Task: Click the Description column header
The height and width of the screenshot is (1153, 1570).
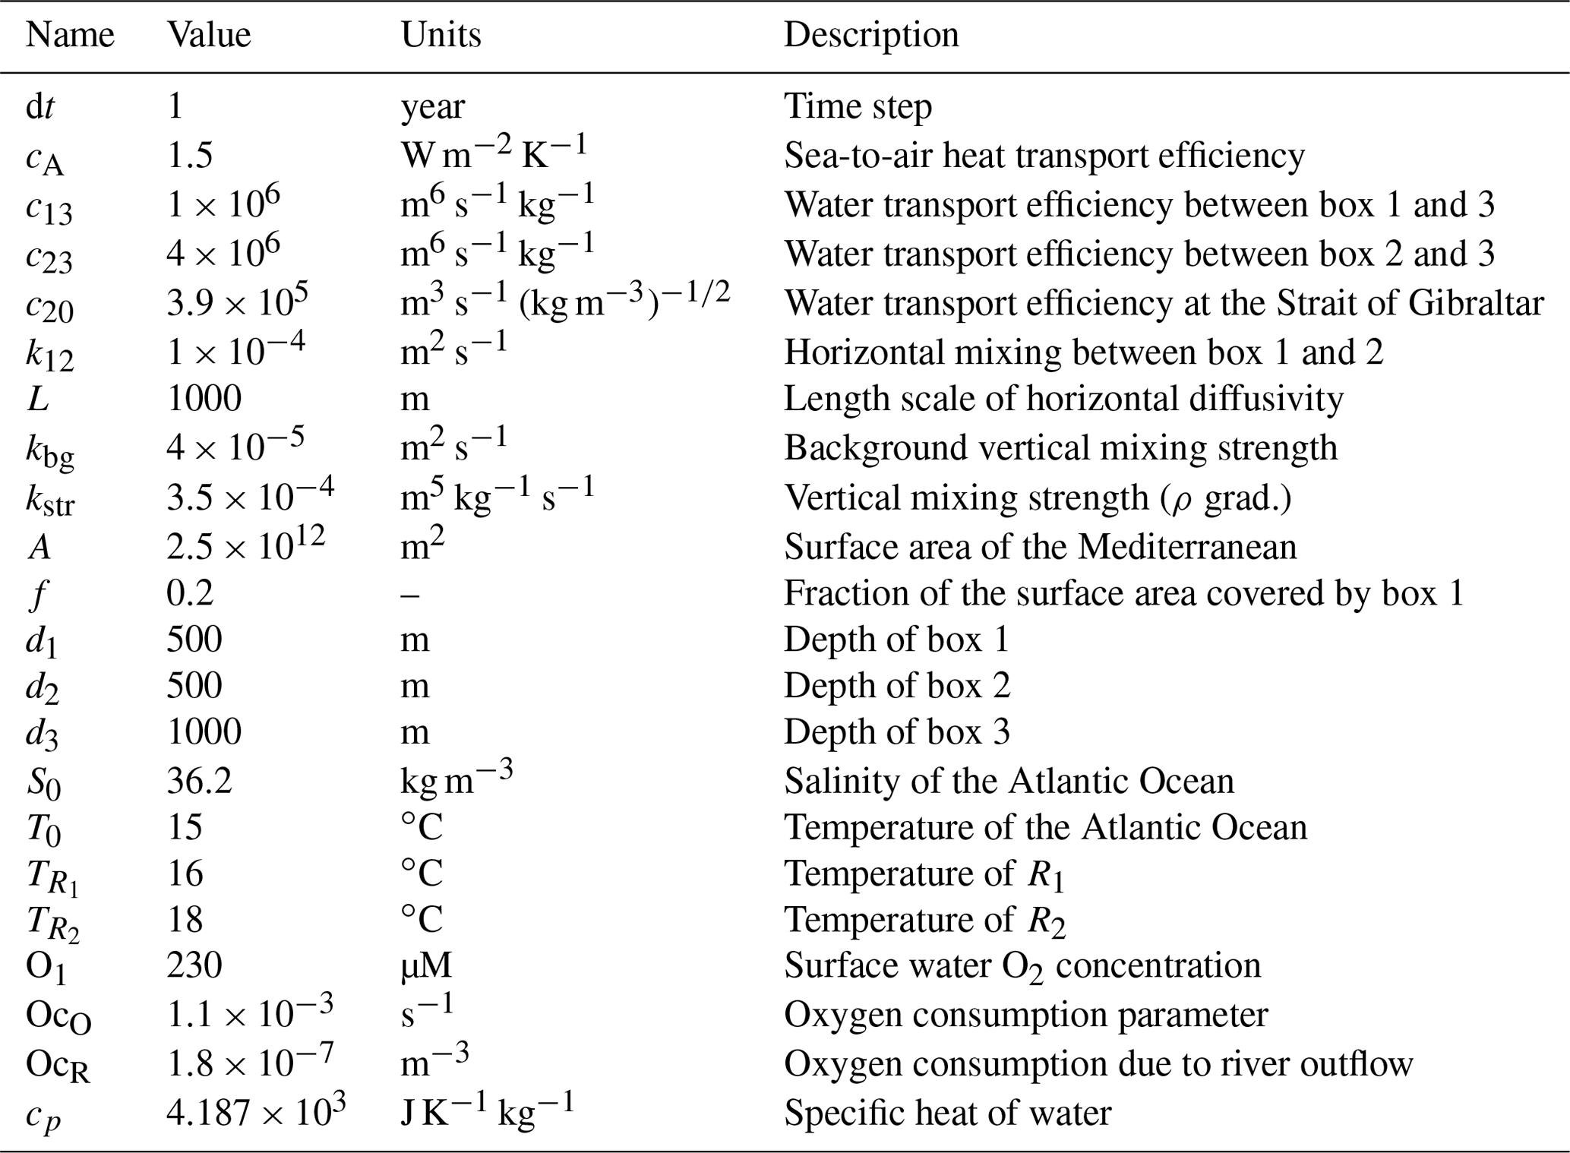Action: point(870,35)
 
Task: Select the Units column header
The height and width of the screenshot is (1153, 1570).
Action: point(441,35)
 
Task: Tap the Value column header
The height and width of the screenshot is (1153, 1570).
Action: point(209,35)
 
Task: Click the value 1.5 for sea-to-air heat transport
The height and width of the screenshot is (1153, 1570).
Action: point(189,156)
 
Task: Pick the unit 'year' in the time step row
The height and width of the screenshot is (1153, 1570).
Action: point(432,107)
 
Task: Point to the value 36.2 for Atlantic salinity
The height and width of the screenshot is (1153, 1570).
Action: point(199,782)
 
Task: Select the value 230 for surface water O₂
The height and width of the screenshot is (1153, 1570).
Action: point(194,965)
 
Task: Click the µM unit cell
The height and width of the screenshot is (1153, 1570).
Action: point(426,965)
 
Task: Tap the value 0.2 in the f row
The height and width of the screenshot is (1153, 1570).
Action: point(189,593)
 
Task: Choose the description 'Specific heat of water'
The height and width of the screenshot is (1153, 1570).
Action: point(947,1114)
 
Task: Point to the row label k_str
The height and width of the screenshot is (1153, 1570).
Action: point(50,500)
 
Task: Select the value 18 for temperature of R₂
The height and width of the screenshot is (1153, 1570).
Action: point(185,920)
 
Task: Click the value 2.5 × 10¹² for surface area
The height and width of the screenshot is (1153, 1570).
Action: point(245,545)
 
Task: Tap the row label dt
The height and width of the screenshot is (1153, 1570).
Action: point(40,107)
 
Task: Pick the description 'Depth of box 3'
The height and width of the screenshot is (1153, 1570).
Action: point(896,732)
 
